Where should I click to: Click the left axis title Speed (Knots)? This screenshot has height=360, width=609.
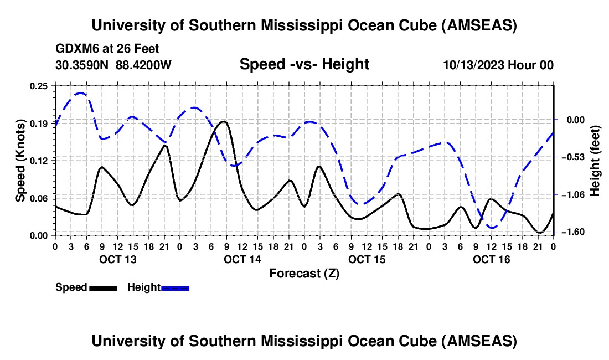(20, 161)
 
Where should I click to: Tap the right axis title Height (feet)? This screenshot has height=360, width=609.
(595, 161)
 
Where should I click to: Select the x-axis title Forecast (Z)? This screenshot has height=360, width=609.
(304, 273)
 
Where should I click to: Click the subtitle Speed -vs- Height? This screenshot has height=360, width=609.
(304, 65)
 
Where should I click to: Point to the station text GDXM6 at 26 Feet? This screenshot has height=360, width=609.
(107, 49)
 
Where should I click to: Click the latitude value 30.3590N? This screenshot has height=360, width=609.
(82, 65)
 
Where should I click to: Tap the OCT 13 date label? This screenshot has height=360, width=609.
(117, 259)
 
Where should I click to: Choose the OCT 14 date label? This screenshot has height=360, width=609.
(242, 259)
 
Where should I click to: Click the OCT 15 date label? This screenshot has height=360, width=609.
(367, 259)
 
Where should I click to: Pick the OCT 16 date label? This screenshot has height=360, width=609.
(491, 259)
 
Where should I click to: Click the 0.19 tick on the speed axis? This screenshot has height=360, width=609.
(39, 123)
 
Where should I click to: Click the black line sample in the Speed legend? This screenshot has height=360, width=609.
(103, 288)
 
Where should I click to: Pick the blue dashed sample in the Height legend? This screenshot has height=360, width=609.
(175, 288)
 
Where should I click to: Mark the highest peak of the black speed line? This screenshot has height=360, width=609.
(223, 121)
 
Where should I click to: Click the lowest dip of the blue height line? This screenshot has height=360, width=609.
(492, 228)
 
